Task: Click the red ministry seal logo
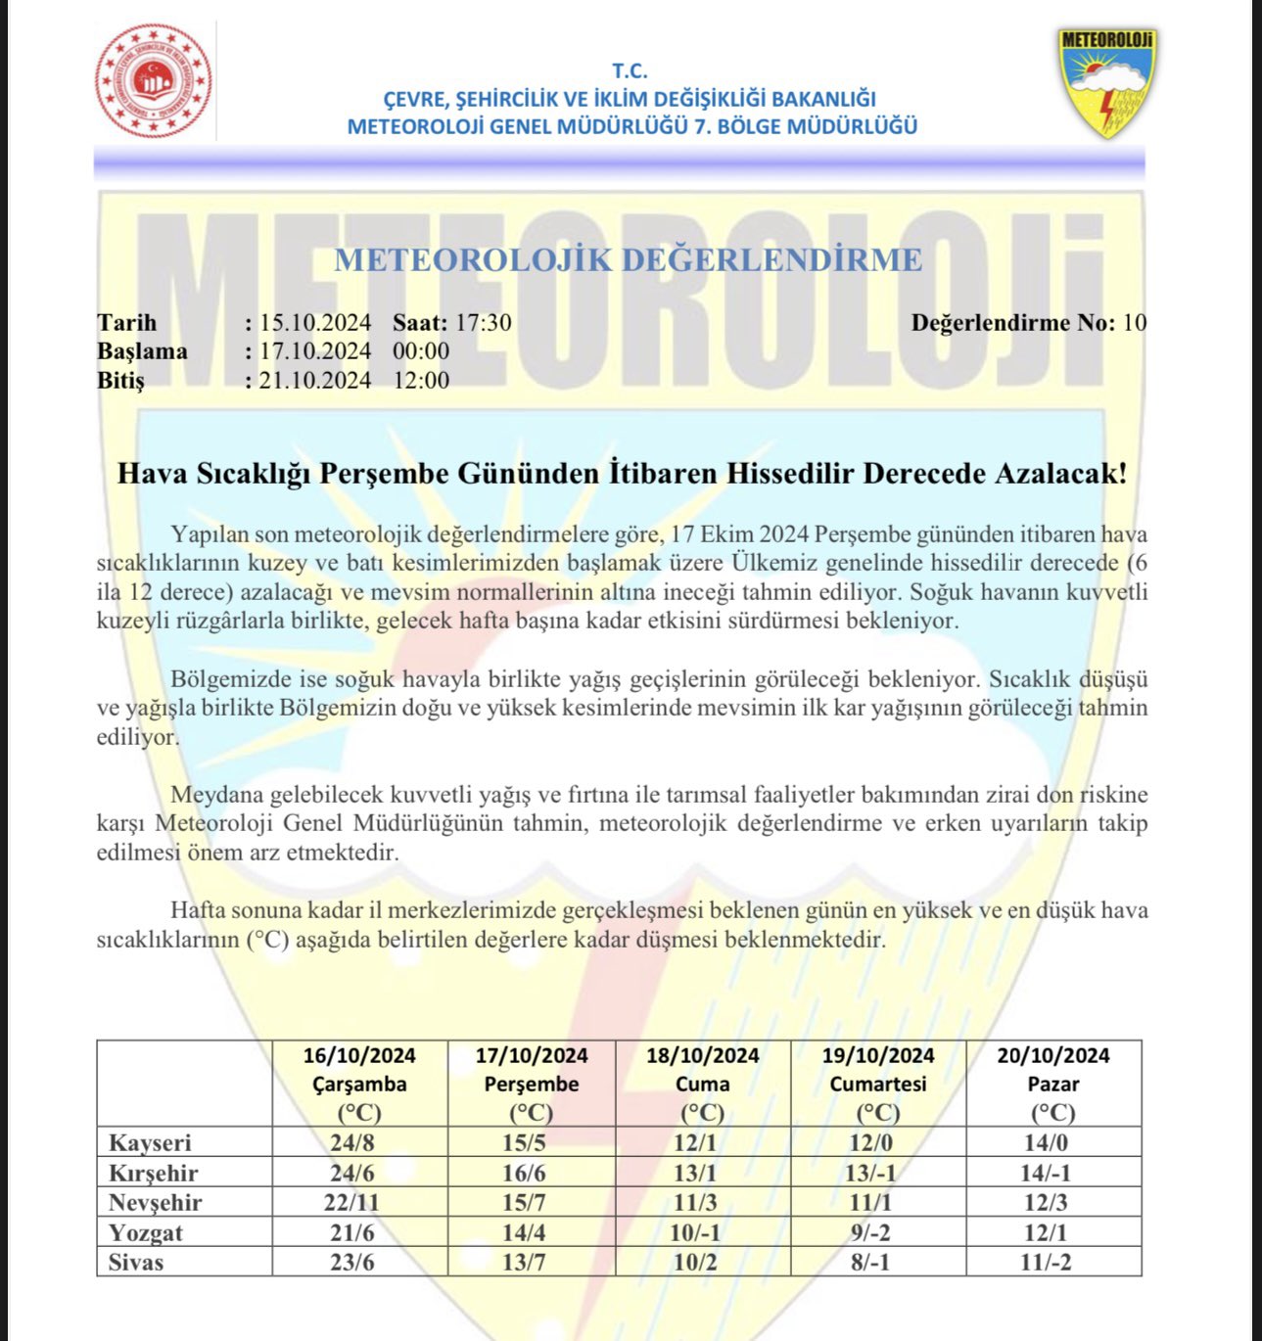[x=154, y=80]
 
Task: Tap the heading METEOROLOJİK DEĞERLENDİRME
[x=628, y=260]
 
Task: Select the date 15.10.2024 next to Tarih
[x=314, y=323]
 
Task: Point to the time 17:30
[x=483, y=323]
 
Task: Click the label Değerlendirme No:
[x=1012, y=323]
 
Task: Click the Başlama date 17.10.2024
[x=314, y=351]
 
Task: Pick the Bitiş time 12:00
[x=421, y=380]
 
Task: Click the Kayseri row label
[x=150, y=1143]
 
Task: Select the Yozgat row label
[x=146, y=1232]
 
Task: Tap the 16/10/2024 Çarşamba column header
[x=359, y=1084]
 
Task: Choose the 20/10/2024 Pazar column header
[x=1053, y=1084]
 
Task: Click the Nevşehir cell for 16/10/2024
[x=351, y=1202]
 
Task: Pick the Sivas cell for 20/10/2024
[x=1046, y=1262]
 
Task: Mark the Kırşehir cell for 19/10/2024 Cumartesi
[x=870, y=1173]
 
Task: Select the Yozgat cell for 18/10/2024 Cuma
[x=694, y=1232]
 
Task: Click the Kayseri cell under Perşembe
[x=524, y=1143]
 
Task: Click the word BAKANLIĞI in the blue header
[x=823, y=99]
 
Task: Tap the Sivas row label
[x=136, y=1262]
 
